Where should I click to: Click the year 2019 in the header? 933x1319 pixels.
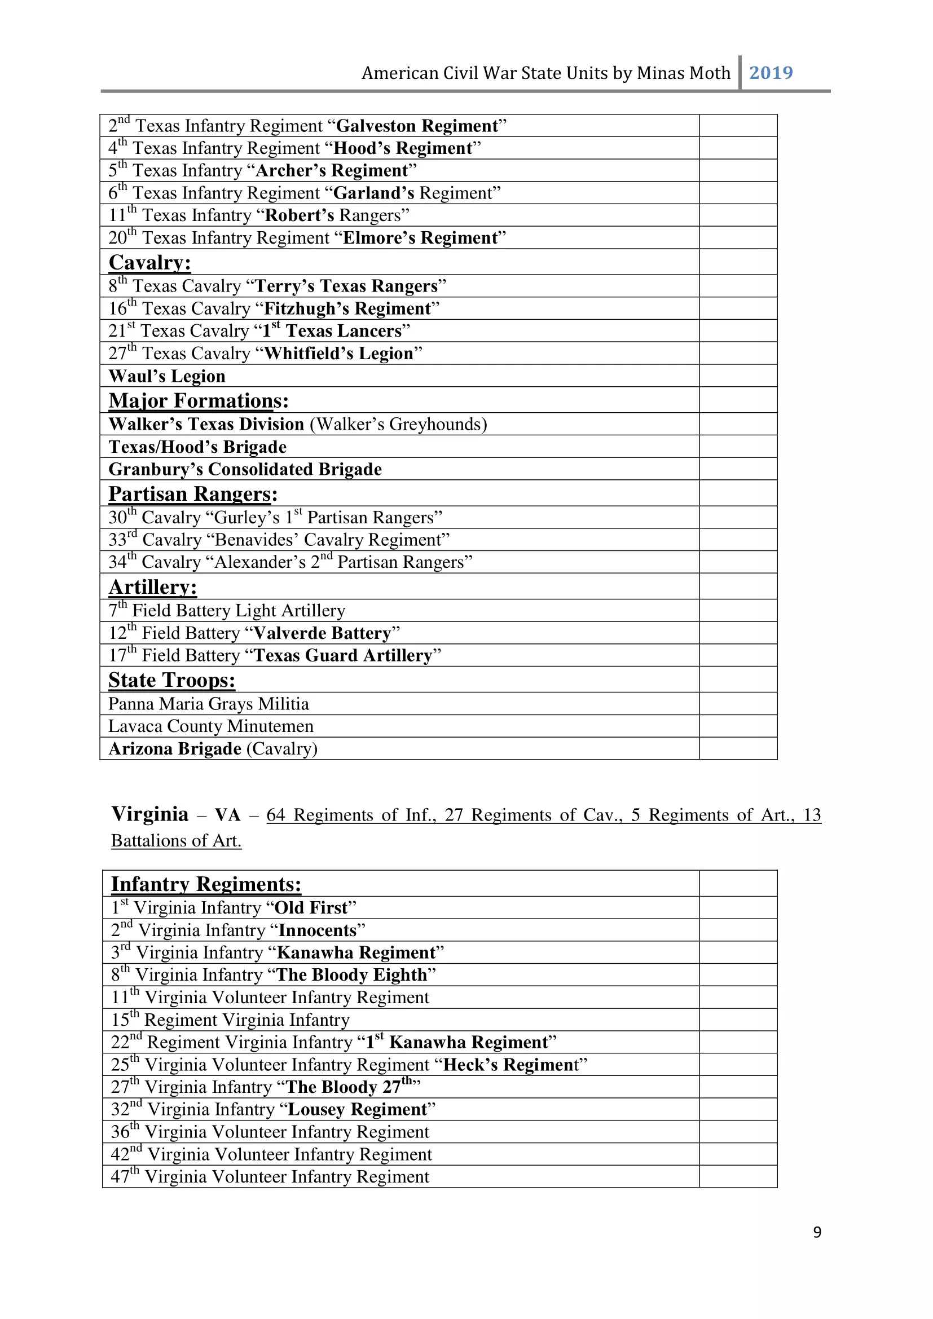(771, 73)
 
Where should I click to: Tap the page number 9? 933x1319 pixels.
(817, 1232)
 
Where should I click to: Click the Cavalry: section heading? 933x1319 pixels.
(149, 263)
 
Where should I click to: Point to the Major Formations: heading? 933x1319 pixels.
(198, 400)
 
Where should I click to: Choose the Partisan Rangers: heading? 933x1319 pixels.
(193, 494)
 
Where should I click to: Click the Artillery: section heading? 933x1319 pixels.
(153, 587)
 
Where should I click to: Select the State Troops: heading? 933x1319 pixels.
(172, 680)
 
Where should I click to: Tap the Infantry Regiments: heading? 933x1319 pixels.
(206, 884)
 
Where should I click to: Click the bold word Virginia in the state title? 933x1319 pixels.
(150, 814)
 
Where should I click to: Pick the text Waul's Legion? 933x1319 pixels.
(167, 376)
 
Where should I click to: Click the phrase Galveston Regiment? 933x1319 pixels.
(416, 126)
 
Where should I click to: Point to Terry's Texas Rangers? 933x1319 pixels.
(346, 286)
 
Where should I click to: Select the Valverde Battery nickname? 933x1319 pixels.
(322, 633)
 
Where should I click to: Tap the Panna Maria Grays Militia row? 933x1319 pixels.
(209, 704)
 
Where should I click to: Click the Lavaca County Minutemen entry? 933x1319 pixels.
(211, 726)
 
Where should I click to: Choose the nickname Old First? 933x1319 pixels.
(311, 908)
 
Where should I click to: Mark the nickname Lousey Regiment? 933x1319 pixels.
(357, 1109)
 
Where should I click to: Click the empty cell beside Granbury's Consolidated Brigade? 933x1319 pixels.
(738, 469)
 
